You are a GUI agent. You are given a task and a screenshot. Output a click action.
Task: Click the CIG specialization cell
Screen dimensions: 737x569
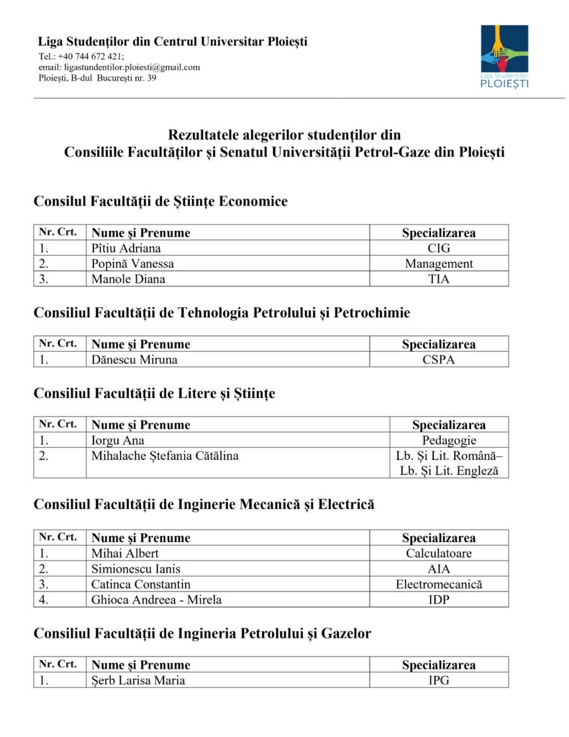tap(438, 248)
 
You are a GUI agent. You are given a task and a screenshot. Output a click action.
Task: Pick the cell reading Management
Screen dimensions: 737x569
tap(438, 263)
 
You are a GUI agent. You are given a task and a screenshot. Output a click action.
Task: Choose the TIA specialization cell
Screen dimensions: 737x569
tap(438, 279)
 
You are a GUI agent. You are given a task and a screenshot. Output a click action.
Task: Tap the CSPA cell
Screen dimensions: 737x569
tap(438, 360)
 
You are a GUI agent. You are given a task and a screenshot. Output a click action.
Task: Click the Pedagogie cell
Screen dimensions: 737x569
tap(449, 440)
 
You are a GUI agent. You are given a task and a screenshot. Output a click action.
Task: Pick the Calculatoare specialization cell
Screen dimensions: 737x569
tap(438, 553)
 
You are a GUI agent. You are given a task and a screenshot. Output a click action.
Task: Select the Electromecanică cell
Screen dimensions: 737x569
tap(438, 584)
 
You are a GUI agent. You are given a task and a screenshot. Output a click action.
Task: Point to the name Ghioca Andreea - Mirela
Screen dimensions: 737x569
tap(156, 600)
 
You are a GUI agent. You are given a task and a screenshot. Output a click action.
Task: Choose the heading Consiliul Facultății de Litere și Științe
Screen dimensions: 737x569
tap(154, 394)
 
